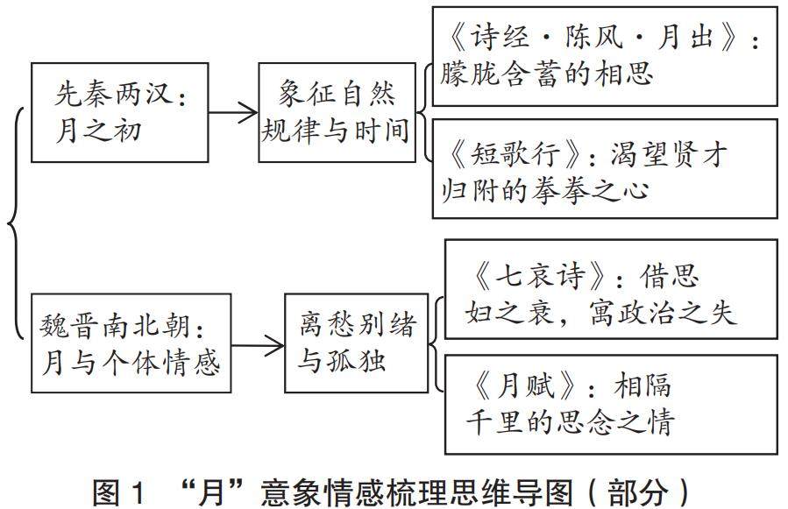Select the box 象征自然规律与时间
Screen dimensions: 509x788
pos(337,112)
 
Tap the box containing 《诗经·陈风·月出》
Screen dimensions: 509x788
pos(605,54)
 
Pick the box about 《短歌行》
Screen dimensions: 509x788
pos(605,169)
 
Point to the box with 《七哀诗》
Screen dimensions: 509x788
pos(612,290)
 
